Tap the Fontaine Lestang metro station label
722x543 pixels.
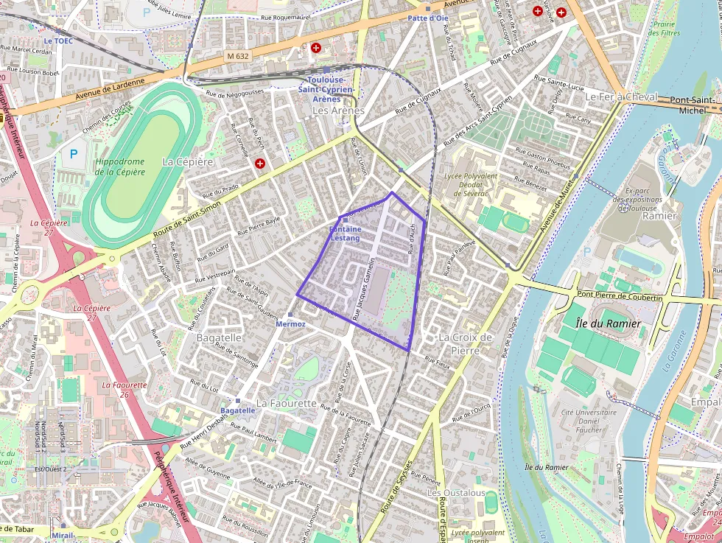click(345, 234)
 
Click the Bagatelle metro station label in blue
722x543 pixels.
click(237, 410)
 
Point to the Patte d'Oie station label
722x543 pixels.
click(427, 17)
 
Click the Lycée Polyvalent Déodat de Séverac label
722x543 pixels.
click(471, 184)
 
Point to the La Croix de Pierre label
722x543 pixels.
click(464, 343)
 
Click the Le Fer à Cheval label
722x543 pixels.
click(620, 97)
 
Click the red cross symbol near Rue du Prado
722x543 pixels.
click(259, 164)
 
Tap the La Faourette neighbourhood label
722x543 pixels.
click(287, 403)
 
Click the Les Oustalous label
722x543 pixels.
click(456, 492)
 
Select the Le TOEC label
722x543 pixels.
click(58, 41)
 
